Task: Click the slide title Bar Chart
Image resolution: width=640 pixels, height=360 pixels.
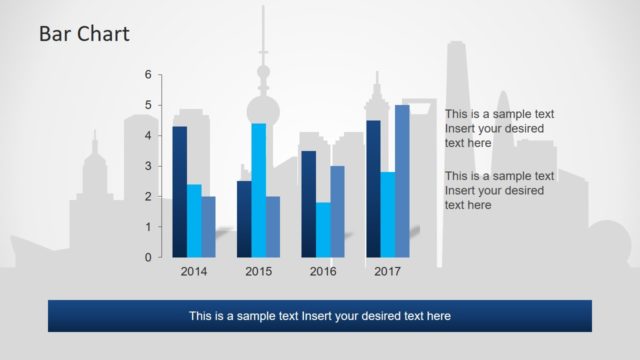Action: (x=84, y=35)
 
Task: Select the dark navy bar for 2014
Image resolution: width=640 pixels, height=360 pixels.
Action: (x=179, y=191)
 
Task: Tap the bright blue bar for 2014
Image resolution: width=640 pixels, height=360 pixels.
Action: (x=194, y=220)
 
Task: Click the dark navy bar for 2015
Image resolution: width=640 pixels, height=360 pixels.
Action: (x=244, y=218)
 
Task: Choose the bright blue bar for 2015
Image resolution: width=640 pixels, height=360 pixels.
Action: (x=258, y=190)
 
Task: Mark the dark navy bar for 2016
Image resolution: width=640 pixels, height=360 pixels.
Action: (x=308, y=204)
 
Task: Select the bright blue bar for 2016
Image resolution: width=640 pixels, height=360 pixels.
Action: (x=323, y=229)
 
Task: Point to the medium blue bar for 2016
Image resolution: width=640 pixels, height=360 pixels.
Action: (x=337, y=211)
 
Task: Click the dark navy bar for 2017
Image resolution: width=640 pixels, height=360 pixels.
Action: (x=373, y=188)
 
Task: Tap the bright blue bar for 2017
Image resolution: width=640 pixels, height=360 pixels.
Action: (x=387, y=214)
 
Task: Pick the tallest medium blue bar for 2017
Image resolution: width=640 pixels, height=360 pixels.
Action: (x=402, y=181)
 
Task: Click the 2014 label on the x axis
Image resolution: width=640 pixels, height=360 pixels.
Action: (x=194, y=271)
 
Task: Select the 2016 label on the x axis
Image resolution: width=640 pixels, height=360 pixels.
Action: (x=323, y=271)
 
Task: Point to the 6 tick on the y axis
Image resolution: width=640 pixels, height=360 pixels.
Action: (x=148, y=75)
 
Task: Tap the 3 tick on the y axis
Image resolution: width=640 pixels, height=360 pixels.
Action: (x=148, y=166)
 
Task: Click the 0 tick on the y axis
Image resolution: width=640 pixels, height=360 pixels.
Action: (x=148, y=257)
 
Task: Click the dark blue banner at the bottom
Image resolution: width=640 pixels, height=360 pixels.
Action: (x=320, y=316)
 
